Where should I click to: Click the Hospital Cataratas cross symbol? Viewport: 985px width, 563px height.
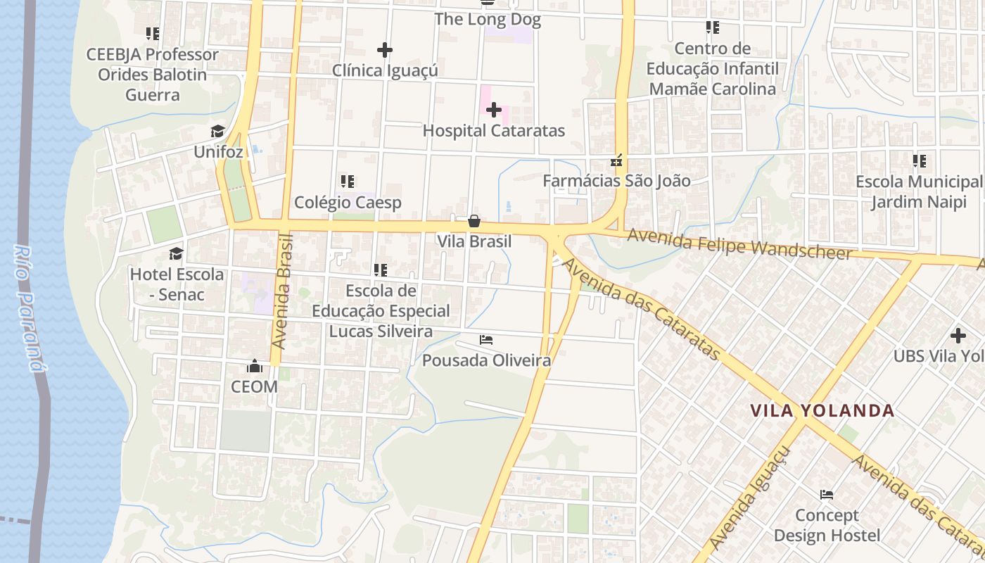tap(494, 110)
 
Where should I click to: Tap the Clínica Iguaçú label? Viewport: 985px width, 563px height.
tap(385, 70)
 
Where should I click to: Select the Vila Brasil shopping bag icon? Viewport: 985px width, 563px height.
tap(474, 221)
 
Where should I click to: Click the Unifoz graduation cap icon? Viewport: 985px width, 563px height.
tap(217, 132)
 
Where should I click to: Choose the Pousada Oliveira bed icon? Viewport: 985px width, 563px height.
tap(486, 340)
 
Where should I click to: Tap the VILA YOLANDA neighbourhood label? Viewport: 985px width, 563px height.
tap(822, 410)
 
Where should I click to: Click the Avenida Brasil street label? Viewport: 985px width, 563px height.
tap(283, 293)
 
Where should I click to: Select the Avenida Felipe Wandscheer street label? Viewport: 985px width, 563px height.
tap(739, 243)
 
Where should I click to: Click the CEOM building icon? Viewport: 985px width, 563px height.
tap(254, 366)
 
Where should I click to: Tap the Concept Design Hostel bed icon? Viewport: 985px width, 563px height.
tap(827, 495)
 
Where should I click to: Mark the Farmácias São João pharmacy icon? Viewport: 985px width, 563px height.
tap(617, 160)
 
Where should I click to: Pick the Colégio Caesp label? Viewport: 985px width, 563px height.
tap(348, 203)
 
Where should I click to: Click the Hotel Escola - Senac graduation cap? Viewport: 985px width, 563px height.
tap(176, 253)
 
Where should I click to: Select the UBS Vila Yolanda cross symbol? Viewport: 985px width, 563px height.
tap(958, 336)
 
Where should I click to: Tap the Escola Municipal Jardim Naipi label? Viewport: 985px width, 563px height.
tap(918, 192)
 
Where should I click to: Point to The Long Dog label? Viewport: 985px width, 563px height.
tap(488, 19)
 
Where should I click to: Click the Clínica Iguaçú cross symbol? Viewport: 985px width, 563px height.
tap(384, 50)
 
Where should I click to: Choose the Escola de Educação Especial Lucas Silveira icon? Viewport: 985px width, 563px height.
tap(381, 270)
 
